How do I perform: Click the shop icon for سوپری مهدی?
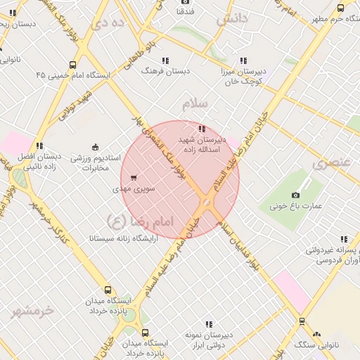click(x=134, y=177)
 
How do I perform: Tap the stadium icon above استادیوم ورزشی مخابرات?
click(x=96, y=146)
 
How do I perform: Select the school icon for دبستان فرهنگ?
click(x=165, y=60)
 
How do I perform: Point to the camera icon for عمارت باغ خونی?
click(x=295, y=194)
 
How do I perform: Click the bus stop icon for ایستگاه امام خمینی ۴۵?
click(x=73, y=65)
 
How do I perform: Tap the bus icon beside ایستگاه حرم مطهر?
click(x=340, y=8)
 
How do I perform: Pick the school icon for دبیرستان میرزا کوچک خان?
click(x=243, y=60)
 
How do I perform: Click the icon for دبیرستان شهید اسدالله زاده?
click(x=202, y=129)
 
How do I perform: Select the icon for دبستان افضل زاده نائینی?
click(x=39, y=146)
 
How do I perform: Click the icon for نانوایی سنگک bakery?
click(x=316, y=335)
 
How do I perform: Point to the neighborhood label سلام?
click(x=195, y=104)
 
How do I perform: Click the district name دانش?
click(x=233, y=20)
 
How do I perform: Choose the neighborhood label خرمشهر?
click(x=32, y=310)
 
